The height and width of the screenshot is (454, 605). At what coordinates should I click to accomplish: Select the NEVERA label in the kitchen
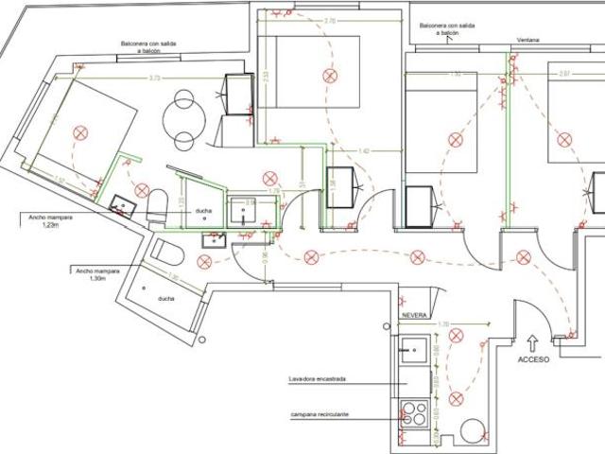pyautogui.click(x=414, y=314)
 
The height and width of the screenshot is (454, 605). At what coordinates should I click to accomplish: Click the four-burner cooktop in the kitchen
pyautogui.click(x=413, y=413)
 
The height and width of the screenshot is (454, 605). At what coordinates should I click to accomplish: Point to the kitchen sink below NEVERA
pyautogui.click(x=412, y=353)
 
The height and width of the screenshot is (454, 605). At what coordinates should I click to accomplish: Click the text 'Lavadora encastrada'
pyautogui.click(x=318, y=380)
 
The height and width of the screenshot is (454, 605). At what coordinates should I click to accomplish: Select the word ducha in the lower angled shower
pyautogui.click(x=166, y=298)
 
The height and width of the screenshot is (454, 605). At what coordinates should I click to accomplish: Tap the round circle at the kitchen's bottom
pyautogui.click(x=469, y=436)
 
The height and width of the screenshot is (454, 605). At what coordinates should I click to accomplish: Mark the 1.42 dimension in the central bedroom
pyautogui.click(x=363, y=150)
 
